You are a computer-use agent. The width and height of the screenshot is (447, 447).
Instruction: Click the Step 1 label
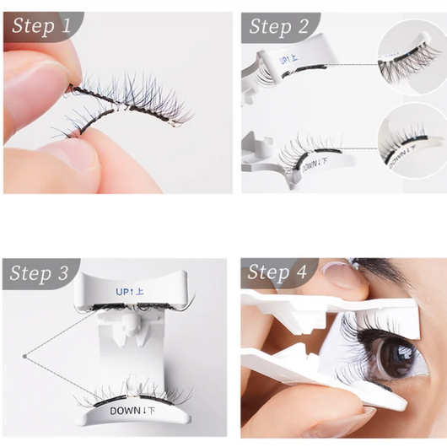[x=41, y=26]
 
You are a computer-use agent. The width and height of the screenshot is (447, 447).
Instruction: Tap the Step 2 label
[x=279, y=26]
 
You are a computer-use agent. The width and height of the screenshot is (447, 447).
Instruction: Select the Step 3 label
[x=41, y=273]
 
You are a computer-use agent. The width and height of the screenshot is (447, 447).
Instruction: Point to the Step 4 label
[x=279, y=273]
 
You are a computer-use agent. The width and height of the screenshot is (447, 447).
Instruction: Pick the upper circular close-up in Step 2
[x=410, y=55]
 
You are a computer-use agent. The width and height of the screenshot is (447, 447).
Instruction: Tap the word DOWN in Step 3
[x=127, y=411]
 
